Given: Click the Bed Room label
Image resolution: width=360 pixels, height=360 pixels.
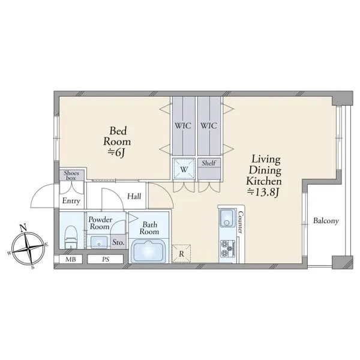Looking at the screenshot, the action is (x=117, y=142).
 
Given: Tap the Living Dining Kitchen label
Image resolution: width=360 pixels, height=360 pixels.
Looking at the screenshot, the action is (x=264, y=176).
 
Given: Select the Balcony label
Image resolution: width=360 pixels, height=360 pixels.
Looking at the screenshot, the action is (x=326, y=221).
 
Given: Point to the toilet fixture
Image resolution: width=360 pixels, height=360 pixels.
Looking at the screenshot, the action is (x=70, y=237).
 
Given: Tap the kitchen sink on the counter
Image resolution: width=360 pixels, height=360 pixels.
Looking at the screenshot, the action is (x=227, y=218).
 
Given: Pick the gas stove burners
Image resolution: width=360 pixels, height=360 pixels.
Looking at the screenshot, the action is (x=227, y=248).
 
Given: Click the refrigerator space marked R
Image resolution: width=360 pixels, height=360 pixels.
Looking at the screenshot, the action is (x=181, y=254).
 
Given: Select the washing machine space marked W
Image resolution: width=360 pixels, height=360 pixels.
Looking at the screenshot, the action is (x=184, y=169).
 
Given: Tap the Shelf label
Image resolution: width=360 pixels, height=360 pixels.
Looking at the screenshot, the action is (x=209, y=163).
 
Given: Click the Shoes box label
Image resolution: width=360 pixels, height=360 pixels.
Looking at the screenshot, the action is (x=71, y=175).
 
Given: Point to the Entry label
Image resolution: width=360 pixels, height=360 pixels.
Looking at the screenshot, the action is (x=71, y=201).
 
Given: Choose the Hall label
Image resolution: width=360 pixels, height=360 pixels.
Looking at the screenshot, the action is (x=134, y=196).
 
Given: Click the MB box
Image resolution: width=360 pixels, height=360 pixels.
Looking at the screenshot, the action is (x=71, y=259).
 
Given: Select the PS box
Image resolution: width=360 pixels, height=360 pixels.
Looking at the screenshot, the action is (x=106, y=259).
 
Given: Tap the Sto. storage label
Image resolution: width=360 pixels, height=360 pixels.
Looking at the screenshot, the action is (x=118, y=242).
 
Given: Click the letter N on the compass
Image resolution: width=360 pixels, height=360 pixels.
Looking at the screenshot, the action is (x=23, y=228).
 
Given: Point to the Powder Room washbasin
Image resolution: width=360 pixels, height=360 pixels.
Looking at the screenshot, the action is (x=99, y=242).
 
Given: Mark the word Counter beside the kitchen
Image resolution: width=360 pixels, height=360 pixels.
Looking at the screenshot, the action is (x=240, y=222).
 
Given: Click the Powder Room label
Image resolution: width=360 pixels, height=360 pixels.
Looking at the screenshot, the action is (x=100, y=223).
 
